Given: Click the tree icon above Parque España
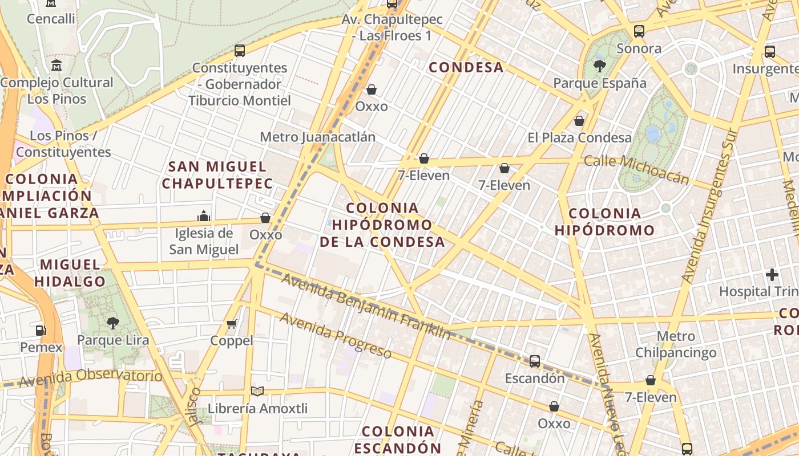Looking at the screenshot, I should [x=600, y=66].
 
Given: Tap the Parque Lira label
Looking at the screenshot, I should [x=113, y=340].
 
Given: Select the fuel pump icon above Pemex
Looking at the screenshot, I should [x=41, y=330].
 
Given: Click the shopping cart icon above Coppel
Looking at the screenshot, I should [x=231, y=324].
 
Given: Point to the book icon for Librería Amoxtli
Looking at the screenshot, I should [x=257, y=391].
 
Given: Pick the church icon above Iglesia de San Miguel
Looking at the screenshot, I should [x=204, y=216].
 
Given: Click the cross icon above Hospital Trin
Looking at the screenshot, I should [x=772, y=275].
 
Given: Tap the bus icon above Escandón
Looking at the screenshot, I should [x=535, y=361].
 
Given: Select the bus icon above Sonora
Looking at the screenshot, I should [x=639, y=31].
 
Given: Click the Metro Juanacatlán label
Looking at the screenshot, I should [x=317, y=137].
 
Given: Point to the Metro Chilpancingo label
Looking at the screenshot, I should [x=676, y=344].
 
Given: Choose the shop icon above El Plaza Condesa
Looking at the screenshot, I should [x=579, y=121].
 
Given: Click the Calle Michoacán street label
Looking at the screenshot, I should [x=636, y=169].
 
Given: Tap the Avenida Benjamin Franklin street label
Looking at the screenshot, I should [x=366, y=307].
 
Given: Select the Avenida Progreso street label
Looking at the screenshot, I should [x=335, y=336].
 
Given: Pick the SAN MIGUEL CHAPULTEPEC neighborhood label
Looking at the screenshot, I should [x=217, y=175].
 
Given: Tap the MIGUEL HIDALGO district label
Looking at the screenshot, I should [x=70, y=273].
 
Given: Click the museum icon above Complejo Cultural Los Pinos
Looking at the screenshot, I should [x=57, y=65].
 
